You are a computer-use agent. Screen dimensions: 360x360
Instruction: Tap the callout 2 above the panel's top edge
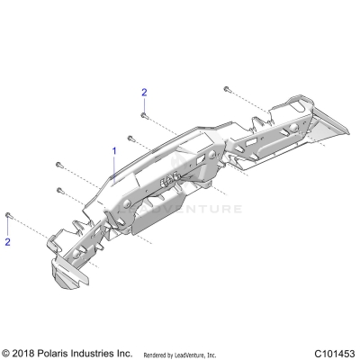point(143,93)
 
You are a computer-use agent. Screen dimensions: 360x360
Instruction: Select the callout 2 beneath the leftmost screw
point(8,242)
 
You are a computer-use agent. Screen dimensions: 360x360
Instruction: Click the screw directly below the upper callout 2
point(143,114)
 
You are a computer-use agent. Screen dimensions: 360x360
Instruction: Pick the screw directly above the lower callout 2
point(8,215)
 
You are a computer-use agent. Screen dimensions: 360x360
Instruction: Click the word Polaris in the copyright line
point(58,353)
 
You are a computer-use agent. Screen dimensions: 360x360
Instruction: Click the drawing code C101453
point(335,353)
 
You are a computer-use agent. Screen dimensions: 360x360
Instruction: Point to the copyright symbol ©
point(7,353)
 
